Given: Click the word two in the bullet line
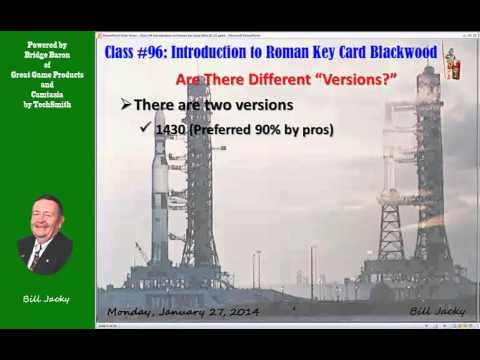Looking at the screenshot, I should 238,105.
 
